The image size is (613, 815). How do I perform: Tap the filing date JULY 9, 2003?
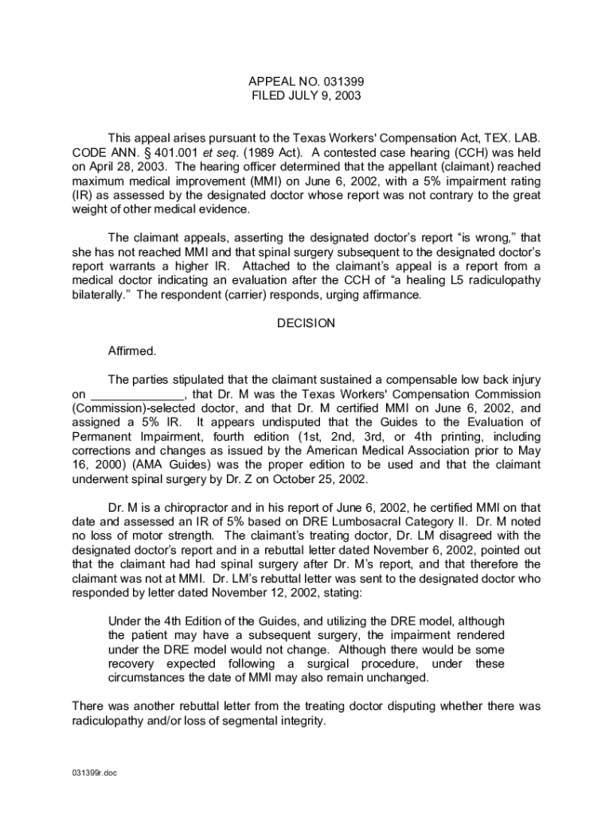pos(323,96)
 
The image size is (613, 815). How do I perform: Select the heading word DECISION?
pos(306,323)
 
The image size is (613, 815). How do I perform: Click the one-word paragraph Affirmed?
pos(132,350)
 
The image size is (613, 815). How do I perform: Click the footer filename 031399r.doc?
pos(94,772)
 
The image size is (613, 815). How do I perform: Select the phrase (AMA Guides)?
pos(178,465)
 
